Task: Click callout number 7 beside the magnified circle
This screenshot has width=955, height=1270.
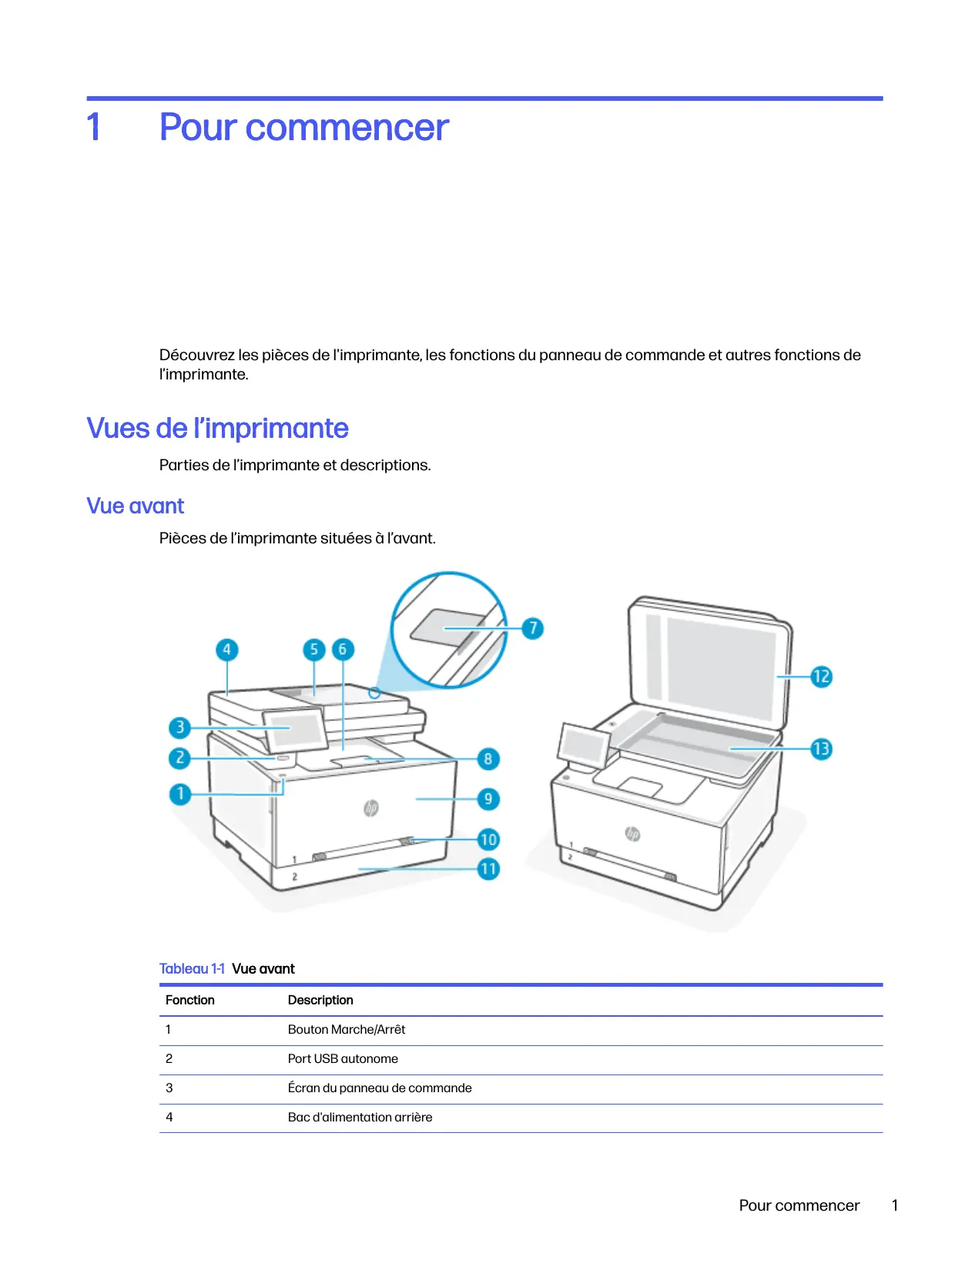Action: pyautogui.click(x=532, y=628)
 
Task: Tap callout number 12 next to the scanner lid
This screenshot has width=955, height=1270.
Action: pyautogui.click(x=821, y=677)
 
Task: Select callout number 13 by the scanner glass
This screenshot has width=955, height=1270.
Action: pyautogui.click(x=821, y=749)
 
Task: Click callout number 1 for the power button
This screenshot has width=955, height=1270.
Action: pyautogui.click(x=180, y=794)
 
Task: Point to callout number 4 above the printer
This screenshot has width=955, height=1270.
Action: pyautogui.click(x=226, y=650)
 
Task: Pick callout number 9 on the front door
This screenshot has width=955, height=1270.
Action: pyautogui.click(x=488, y=799)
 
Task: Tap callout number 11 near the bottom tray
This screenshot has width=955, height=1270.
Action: pyautogui.click(x=488, y=869)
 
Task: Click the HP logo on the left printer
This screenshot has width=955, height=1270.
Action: pyautogui.click(x=371, y=807)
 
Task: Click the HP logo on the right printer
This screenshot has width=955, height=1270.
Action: pyautogui.click(x=632, y=834)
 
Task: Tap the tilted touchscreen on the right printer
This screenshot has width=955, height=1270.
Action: pyautogui.click(x=585, y=744)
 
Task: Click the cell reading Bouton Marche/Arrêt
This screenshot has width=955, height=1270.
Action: pyautogui.click(x=347, y=1030)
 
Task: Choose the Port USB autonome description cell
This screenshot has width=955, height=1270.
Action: pyautogui.click(x=343, y=1059)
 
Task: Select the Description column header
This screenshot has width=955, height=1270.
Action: pyautogui.click(x=320, y=1001)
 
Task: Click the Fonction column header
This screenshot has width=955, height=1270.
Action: pyautogui.click(x=190, y=1001)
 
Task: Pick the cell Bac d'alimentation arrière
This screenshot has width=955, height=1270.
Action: pyautogui.click(x=360, y=1118)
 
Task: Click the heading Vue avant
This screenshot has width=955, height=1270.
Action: pyautogui.click(x=136, y=506)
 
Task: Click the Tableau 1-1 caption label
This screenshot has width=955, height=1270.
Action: pyautogui.click(x=192, y=969)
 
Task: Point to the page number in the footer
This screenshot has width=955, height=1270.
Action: pyautogui.click(x=895, y=1206)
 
